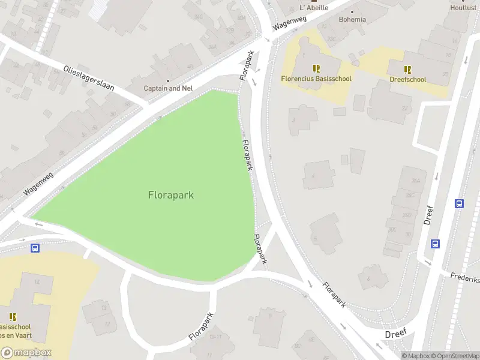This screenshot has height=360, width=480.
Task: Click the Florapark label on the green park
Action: coord(170,195)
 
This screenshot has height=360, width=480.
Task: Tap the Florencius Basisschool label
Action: coord(316,79)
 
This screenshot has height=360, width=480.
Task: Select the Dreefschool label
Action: coord(407,79)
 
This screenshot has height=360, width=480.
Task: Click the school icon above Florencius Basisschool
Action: coord(316,69)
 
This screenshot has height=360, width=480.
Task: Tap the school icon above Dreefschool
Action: coord(407,70)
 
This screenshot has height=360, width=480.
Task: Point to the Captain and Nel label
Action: coord(168,88)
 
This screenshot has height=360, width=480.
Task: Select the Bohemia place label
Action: coord(352,19)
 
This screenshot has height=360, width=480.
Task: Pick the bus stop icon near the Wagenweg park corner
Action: coord(35,248)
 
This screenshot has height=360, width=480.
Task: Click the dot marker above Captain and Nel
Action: coord(168,80)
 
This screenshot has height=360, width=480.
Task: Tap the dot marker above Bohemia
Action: coord(352,11)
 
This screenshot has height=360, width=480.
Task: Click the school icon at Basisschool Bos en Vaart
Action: coord(13,316)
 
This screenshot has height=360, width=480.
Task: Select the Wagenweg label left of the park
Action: coord(39,183)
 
